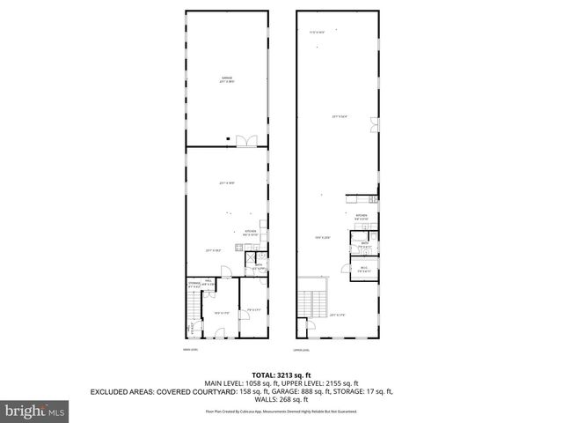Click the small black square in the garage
click(227, 137)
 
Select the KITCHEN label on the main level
click(251, 232)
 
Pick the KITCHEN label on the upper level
click(362, 214)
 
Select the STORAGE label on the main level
click(193, 284)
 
